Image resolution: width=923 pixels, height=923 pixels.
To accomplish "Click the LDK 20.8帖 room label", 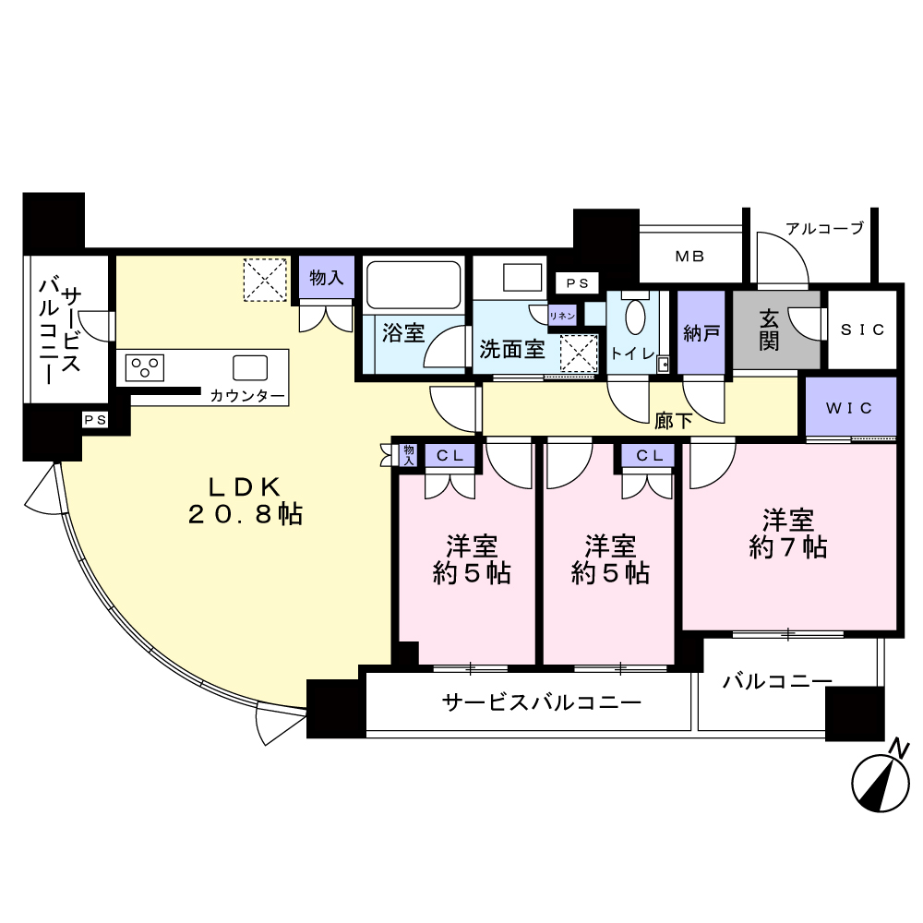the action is pyautogui.click(x=245, y=501).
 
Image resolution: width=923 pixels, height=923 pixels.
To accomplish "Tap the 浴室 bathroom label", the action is pyautogui.click(x=403, y=333).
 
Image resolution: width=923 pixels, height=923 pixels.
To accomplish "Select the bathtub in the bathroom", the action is pyautogui.click(x=414, y=284).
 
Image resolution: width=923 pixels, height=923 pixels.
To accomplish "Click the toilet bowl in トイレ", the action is pyautogui.click(x=635, y=318).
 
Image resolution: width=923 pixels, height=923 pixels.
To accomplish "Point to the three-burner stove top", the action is pyautogui.click(x=144, y=368).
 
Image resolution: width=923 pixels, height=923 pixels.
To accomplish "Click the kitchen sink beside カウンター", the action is pyautogui.click(x=250, y=368).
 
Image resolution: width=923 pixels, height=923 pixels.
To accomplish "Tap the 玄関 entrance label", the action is pyautogui.click(x=769, y=330).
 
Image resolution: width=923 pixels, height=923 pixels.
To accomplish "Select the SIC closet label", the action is pyautogui.click(x=862, y=330).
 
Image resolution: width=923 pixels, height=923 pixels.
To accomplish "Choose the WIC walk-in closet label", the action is pyautogui.click(x=849, y=408).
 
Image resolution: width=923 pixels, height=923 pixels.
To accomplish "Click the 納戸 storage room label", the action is pyautogui.click(x=701, y=334).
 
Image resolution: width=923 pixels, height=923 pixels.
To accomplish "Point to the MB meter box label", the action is pyautogui.click(x=689, y=256).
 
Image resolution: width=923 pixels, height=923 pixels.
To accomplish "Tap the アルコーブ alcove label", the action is pyautogui.click(x=824, y=228).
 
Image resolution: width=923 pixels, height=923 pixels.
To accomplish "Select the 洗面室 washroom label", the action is pyautogui.click(x=512, y=350).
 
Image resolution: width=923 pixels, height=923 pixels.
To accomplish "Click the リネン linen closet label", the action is pyautogui.click(x=561, y=316).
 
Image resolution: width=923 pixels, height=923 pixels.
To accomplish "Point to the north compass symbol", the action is pyautogui.click(x=881, y=777).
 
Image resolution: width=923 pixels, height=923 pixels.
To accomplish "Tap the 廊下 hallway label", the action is pyautogui.click(x=674, y=420).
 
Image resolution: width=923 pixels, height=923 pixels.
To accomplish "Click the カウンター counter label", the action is pyautogui.click(x=247, y=396).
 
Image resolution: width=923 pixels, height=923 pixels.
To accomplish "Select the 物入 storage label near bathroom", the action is pyautogui.click(x=327, y=277).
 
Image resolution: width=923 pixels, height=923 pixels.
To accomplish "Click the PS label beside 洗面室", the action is pyautogui.click(x=578, y=283).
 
